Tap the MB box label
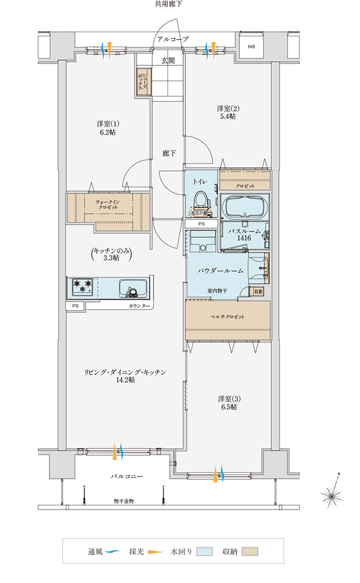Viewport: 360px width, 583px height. click(251, 47)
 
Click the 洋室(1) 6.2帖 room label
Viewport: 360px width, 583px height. click(108, 128)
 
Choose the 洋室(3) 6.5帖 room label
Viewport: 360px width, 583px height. click(228, 403)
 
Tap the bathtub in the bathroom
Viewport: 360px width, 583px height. click(244, 206)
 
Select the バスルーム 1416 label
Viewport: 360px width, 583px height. click(239, 234)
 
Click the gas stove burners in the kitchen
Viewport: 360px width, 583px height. click(82, 286)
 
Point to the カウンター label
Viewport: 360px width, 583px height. click(139, 306)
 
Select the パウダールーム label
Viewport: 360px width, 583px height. click(219, 271)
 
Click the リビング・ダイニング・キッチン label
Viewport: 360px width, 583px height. click(125, 375)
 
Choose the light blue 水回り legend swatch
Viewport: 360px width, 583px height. click(204, 551)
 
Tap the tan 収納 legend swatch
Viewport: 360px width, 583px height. click(250, 551)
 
